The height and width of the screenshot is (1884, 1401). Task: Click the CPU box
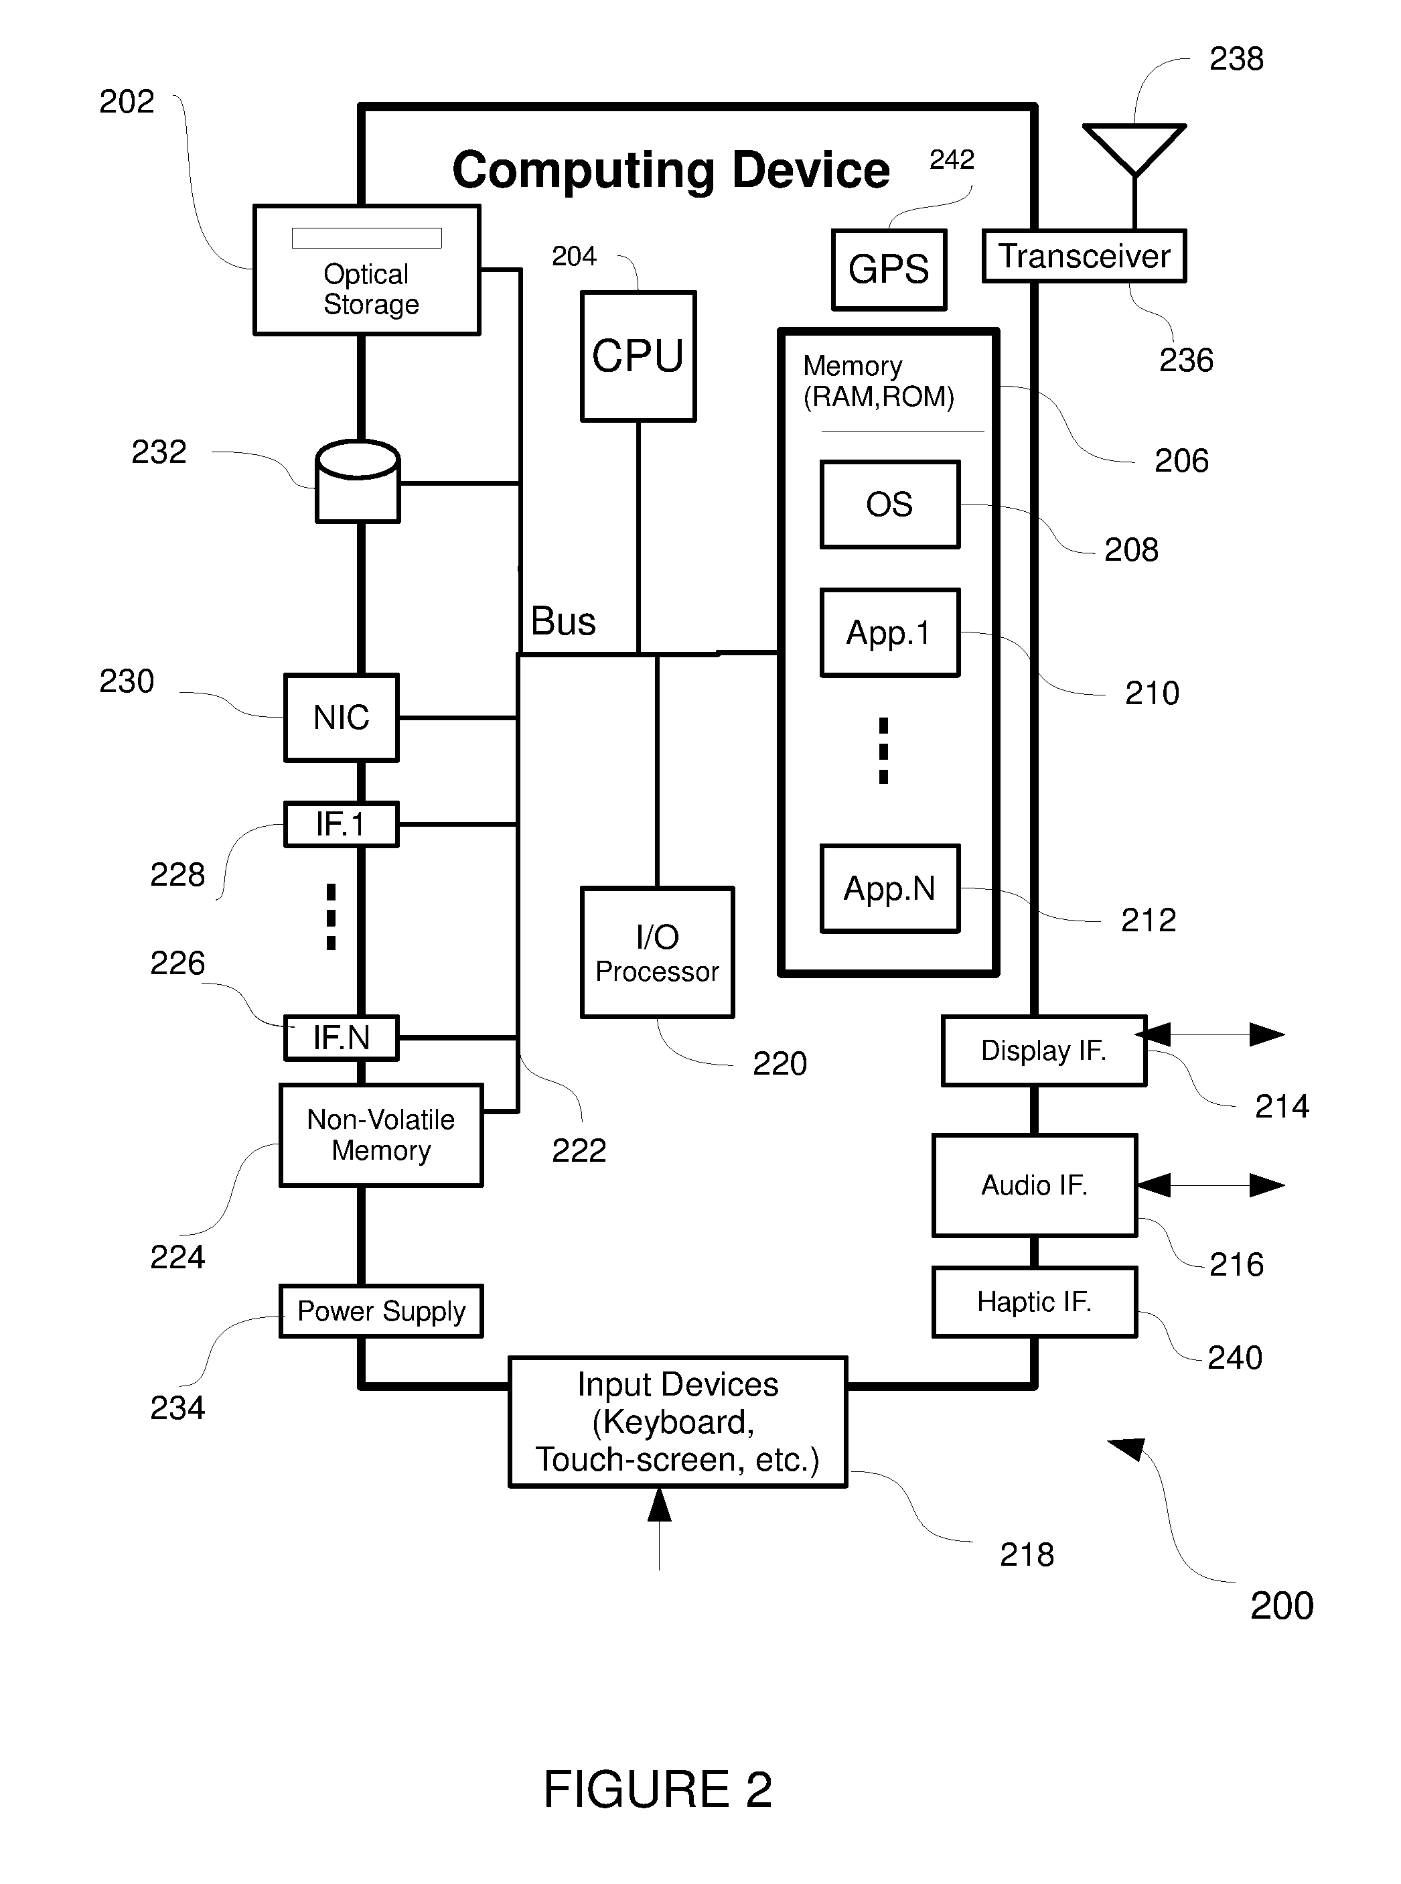pyautogui.click(x=638, y=356)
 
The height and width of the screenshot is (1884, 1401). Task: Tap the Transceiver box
pyautogui.click(x=1084, y=255)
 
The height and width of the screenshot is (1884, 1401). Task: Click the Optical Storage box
pyautogui.click(x=366, y=270)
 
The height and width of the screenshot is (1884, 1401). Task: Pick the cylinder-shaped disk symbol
pyautogui.click(x=357, y=481)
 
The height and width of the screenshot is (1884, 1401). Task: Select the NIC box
pyautogui.click(x=341, y=718)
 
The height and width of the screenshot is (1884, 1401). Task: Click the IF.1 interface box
pyautogui.click(x=341, y=823)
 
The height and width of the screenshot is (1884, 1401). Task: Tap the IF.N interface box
pyautogui.click(x=341, y=1037)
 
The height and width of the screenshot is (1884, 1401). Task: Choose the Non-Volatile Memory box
pyautogui.click(x=381, y=1135)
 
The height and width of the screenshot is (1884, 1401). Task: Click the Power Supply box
pyautogui.click(x=381, y=1311)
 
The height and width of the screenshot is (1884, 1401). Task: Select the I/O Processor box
pyautogui.click(x=657, y=953)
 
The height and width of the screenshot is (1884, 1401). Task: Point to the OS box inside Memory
pyautogui.click(x=889, y=504)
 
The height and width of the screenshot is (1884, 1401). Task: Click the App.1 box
pyautogui.click(x=889, y=633)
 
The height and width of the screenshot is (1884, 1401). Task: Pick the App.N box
pyautogui.click(x=889, y=889)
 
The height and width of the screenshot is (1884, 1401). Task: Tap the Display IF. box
pyautogui.click(x=1044, y=1051)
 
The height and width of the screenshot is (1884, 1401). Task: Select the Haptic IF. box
pyautogui.click(x=1035, y=1302)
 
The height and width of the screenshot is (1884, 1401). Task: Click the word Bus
pyautogui.click(x=563, y=621)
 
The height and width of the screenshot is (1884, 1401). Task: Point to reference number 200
pyautogui.click(x=1281, y=1606)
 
